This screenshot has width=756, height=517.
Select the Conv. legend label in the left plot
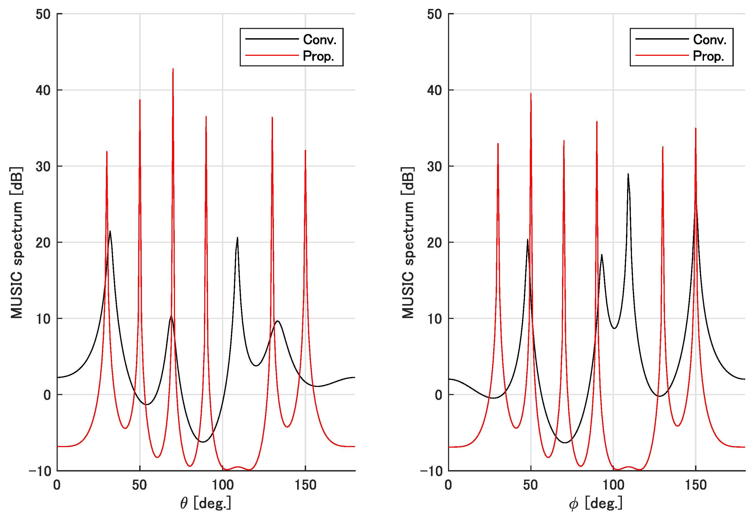pyautogui.click(x=319, y=40)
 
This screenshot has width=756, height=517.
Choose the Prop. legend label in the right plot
pyautogui.click(x=708, y=56)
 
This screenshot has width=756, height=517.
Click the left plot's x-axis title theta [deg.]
pyautogui.click(x=206, y=503)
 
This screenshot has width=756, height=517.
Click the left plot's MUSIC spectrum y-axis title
pyautogui.click(x=16, y=243)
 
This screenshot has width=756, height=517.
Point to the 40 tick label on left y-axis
pyautogui.click(x=43, y=91)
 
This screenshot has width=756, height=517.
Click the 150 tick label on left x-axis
pyautogui.click(x=305, y=485)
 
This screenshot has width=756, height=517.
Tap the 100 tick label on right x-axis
pyautogui.click(x=613, y=485)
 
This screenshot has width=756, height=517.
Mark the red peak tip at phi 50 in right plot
pyautogui.click(x=531, y=94)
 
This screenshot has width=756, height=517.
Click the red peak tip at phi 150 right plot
pyautogui.click(x=696, y=129)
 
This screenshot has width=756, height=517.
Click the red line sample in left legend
pyautogui.click(x=272, y=56)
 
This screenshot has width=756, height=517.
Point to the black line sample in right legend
pyautogui.click(x=662, y=39)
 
